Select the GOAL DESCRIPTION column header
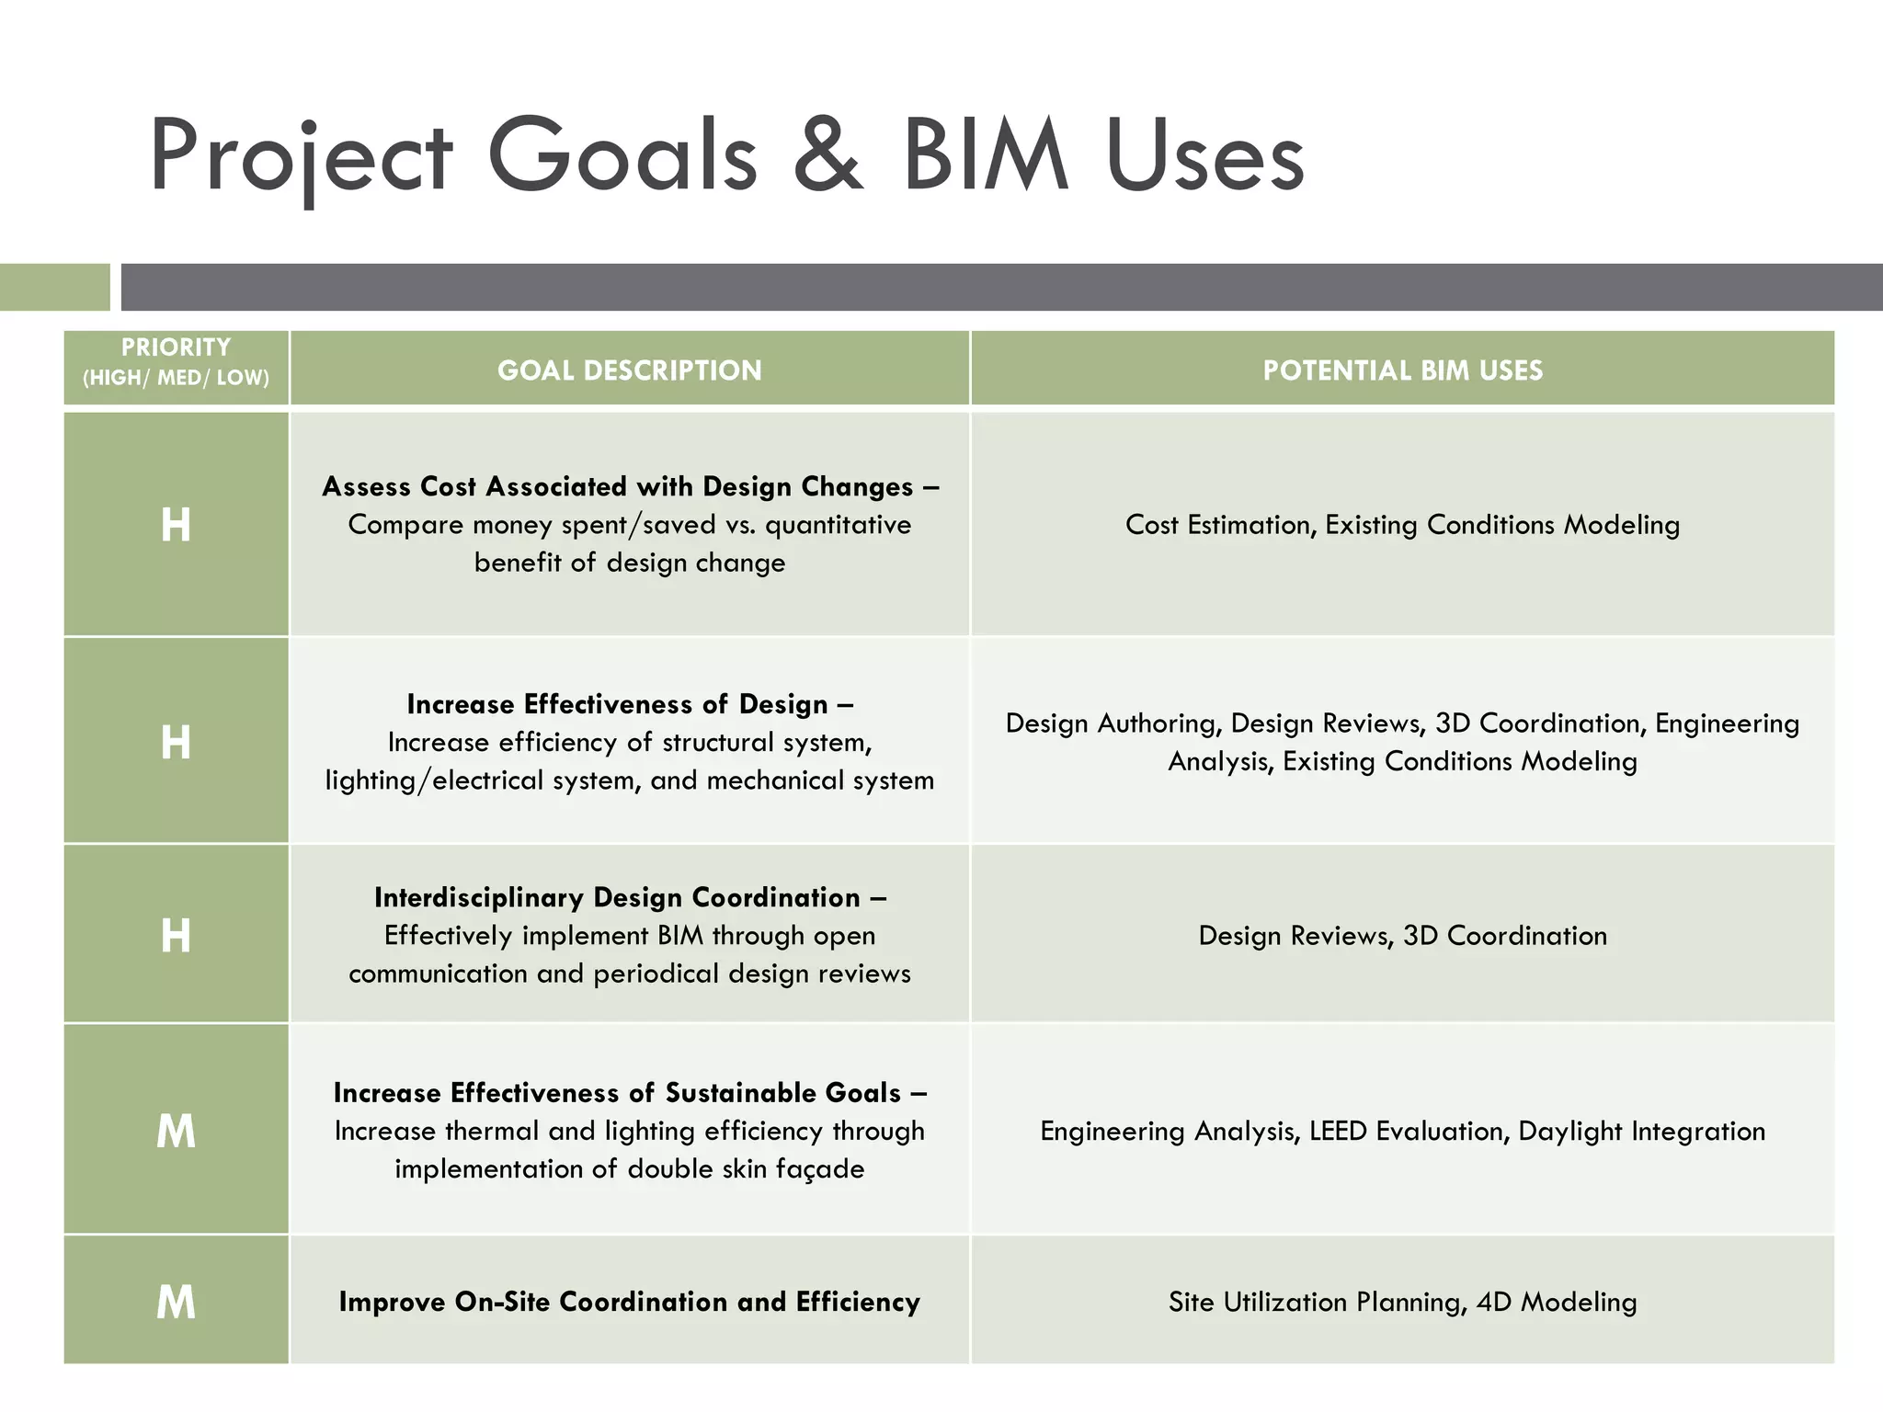tap(629, 370)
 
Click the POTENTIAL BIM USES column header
tap(1402, 370)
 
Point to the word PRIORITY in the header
tap(176, 347)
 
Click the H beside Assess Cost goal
tap(176, 525)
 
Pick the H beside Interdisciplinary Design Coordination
tap(176, 936)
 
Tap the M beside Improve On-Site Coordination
tap(176, 1303)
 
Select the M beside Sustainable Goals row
tap(176, 1131)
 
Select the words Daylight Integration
tap(1641, 1131)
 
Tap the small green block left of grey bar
tap(54, 287)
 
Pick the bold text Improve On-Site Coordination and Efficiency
tap(629, 1302)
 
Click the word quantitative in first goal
tap(838, 525)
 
